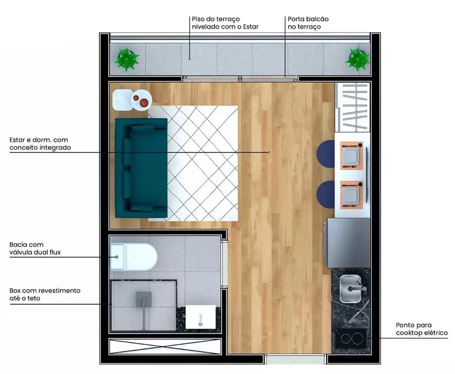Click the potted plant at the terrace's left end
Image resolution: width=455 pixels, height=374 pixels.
click(126, 59)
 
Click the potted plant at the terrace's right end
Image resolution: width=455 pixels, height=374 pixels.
click(357, 59)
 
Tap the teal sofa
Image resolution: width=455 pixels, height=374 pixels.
click(141, 168)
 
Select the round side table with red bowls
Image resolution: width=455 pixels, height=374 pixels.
click(141, 100)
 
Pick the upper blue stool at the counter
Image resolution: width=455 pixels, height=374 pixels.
click(326, 154)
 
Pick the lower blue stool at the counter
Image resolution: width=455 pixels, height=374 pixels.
click(326, 194)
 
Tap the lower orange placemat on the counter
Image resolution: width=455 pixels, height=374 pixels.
click(352, 195)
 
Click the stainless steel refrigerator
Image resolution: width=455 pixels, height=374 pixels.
click(347, 243)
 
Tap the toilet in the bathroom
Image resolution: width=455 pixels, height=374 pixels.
click(134, 257)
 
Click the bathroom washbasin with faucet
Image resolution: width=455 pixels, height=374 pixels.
click(200, 317)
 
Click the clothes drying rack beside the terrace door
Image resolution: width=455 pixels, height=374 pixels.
click(353, 107)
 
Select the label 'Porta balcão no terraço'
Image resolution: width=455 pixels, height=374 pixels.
click(308, 23)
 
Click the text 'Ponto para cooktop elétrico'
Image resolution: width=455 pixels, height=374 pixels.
click(421, 329)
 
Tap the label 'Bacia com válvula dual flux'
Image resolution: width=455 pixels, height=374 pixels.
click(35, 248)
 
